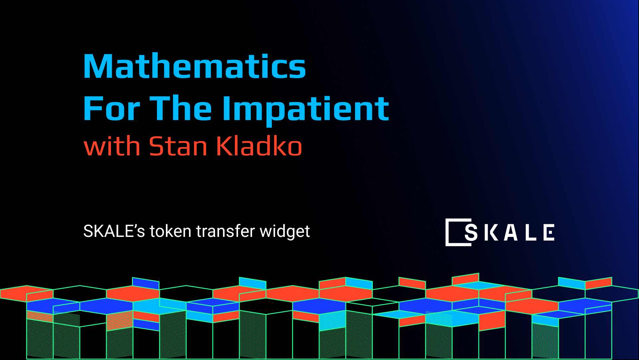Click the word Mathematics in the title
pos(194,66)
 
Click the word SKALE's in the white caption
pos(114,231)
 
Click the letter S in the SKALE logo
pos(471,232)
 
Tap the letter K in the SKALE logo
pos(491,232)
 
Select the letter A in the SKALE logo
pos(511,232)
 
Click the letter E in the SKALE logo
pos(549,232)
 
